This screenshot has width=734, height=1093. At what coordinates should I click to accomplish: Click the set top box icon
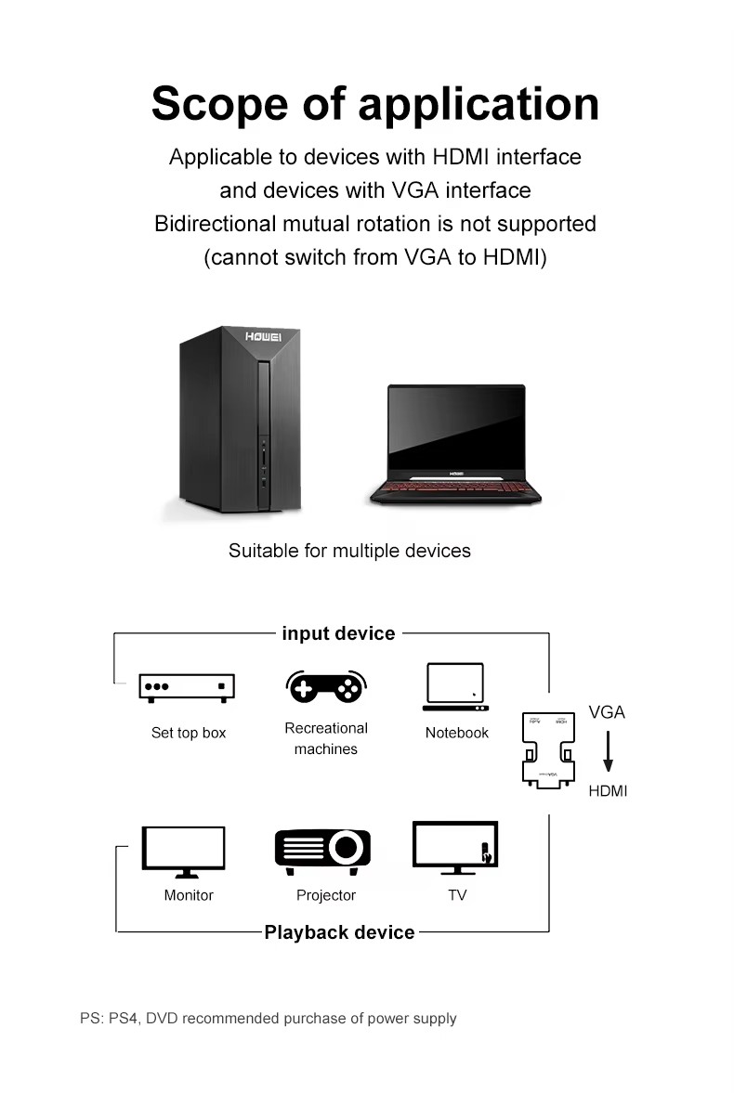coord(187,686)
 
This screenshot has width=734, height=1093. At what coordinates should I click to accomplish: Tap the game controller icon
coord(324,686)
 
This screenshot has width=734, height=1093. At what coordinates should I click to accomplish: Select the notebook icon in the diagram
coord(455,686)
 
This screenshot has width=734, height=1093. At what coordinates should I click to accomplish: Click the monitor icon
coord(184,850)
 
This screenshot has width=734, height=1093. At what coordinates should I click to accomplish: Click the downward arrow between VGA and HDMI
coord(608,751)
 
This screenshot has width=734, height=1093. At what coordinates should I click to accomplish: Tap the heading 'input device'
coord(338,634)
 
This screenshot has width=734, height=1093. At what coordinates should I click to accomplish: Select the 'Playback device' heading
coord(339,932)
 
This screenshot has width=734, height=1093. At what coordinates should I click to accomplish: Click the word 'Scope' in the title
coord(220,103)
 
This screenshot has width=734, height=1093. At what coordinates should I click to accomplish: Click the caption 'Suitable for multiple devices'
coord(349,551)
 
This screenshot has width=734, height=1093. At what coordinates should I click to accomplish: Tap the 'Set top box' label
coord(189,733)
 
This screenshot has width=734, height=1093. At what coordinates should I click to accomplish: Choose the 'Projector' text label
coord(325,895)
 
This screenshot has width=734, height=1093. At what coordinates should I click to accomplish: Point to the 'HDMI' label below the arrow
coord(608,791)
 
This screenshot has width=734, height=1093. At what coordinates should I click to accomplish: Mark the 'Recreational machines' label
coord(325,738)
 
